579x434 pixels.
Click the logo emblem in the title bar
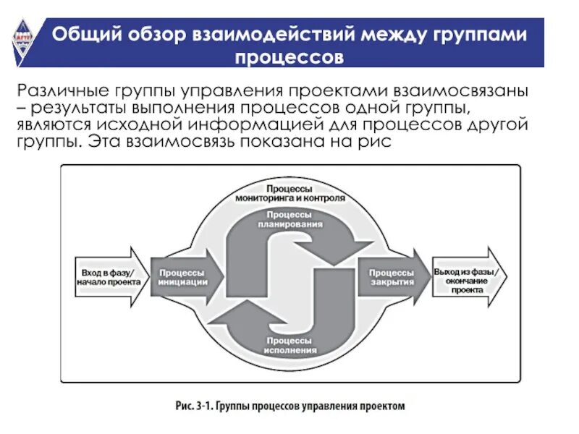(22, 43)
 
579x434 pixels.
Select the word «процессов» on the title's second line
(289, 56)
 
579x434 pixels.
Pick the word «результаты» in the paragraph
(79, 109)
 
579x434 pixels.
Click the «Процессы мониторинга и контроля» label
(289, 192)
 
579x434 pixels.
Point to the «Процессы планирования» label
(289, 219)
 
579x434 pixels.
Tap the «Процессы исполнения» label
(291, 344)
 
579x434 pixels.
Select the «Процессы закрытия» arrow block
(392, 277)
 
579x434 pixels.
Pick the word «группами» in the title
(470, 34)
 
